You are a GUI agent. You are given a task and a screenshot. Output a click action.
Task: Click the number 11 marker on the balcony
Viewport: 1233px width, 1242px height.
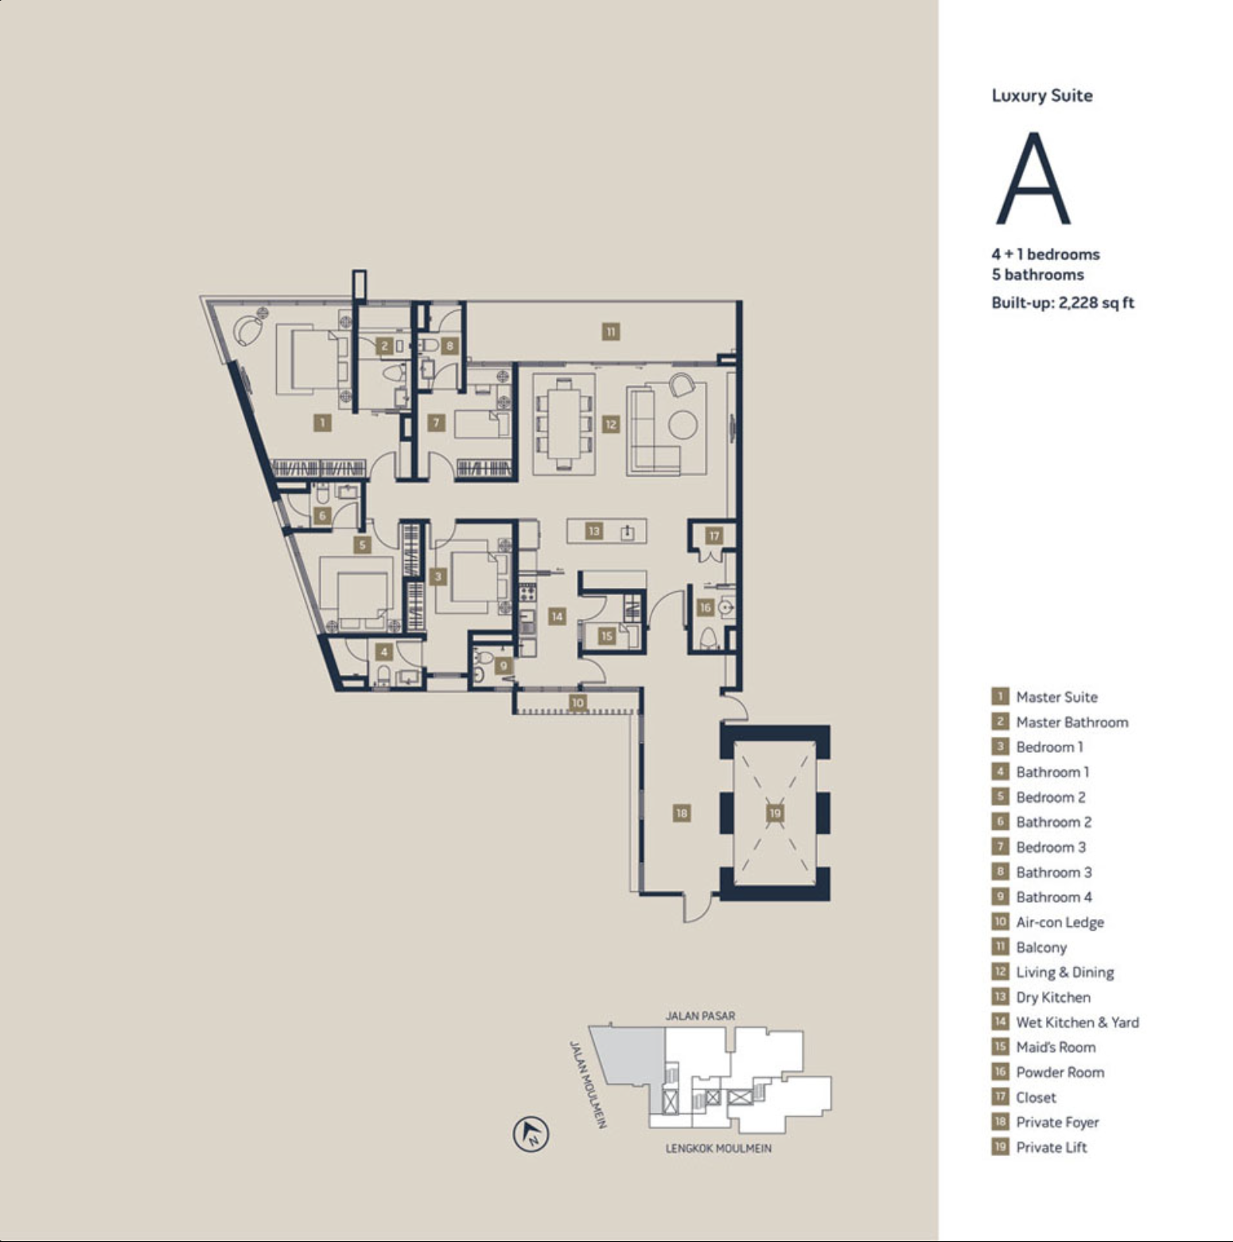610,332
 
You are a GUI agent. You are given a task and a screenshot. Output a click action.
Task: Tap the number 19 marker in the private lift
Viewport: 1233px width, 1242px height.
775,812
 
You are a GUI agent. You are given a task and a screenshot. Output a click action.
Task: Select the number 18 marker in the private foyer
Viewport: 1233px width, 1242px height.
682,813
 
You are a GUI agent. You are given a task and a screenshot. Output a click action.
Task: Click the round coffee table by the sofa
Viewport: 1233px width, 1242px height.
683,424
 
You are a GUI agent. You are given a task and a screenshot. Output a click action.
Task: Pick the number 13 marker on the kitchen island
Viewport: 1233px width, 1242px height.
594,531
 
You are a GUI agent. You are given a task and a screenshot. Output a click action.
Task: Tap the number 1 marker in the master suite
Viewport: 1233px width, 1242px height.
322,422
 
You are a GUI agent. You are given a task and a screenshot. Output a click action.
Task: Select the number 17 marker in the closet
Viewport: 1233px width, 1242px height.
714,535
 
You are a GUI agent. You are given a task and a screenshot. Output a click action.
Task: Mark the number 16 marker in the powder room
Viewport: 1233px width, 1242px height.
705,608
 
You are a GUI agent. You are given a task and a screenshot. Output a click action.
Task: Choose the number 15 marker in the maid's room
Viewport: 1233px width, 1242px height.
607,636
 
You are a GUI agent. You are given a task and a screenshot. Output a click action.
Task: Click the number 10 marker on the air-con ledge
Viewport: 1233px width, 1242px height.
578,703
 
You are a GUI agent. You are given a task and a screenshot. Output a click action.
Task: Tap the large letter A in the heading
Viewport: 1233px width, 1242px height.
1033,178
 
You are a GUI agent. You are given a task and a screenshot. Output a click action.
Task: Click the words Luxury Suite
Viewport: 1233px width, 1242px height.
1042,95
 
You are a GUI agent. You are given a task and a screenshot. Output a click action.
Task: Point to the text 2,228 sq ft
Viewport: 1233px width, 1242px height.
1096,302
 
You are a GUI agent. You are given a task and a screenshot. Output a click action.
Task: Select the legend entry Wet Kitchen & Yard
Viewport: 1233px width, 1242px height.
1077,1022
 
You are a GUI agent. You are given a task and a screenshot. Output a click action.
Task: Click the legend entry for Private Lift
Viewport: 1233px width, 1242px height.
1051,1147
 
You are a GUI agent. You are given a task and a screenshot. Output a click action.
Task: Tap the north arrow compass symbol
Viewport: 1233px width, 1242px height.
531,1134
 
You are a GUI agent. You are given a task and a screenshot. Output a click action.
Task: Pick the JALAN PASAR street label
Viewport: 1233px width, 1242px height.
700,1016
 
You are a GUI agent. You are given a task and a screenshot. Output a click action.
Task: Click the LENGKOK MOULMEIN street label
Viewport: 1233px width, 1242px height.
718,1149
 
